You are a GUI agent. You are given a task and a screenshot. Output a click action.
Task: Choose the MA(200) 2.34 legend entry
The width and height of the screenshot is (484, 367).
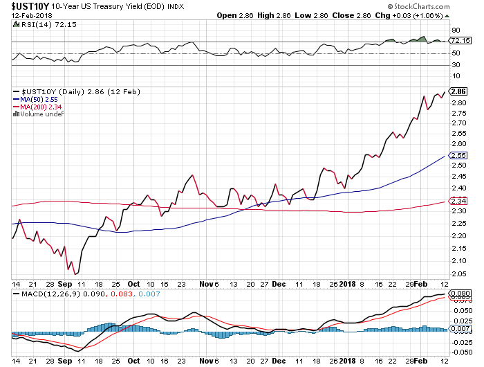[39, 107]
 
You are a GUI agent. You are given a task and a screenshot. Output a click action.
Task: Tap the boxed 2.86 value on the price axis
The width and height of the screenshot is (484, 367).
[458, 91]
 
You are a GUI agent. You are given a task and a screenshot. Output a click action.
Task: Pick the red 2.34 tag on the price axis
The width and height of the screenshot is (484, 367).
[458, 200]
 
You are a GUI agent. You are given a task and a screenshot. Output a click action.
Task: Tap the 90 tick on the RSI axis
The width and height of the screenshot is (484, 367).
[456, 30]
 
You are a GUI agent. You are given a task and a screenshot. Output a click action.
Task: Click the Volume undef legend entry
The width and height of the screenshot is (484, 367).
[41, 114]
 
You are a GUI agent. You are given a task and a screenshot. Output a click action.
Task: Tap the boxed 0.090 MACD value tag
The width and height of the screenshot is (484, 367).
[460, 294]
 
